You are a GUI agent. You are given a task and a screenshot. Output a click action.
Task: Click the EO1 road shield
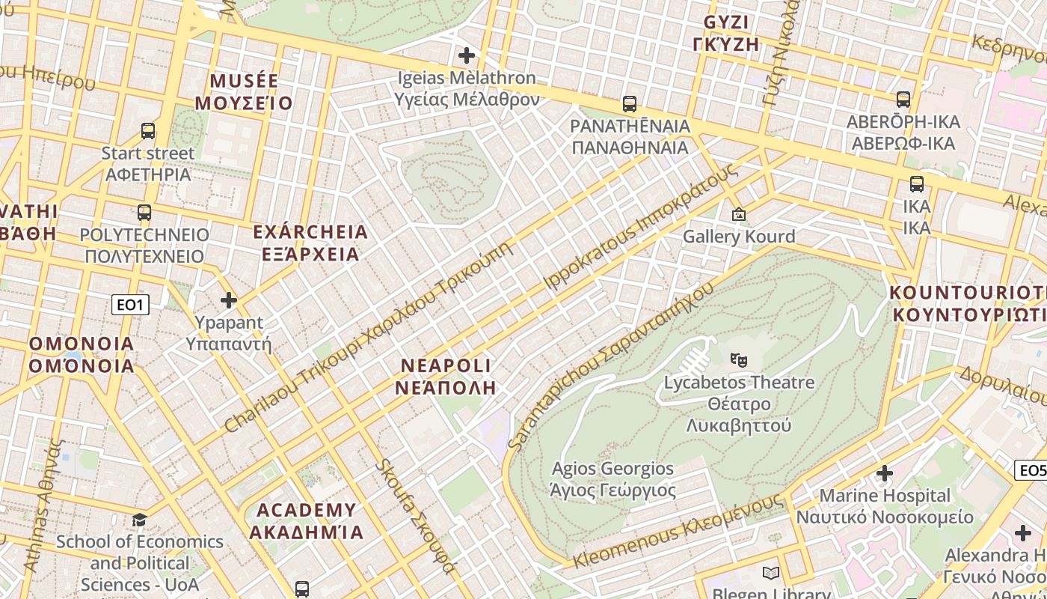point(130,305)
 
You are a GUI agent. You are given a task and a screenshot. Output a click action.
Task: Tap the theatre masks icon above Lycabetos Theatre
point(739,359)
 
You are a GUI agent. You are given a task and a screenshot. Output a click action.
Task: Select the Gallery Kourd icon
point(739,214)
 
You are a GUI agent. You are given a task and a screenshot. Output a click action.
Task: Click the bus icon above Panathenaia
point(630,103)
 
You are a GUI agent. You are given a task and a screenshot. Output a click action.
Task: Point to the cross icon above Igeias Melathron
point(467,55)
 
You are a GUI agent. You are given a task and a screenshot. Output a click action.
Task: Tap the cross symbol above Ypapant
point(228,300)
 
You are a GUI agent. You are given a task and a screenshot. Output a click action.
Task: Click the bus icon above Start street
point(148,131)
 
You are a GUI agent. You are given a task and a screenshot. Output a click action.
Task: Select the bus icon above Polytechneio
point(144,212)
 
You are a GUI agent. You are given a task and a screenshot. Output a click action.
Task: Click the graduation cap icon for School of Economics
point(139,520)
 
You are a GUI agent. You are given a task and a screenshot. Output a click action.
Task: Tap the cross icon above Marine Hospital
point(885,473)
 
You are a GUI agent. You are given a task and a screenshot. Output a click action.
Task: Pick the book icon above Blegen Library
point(770,574)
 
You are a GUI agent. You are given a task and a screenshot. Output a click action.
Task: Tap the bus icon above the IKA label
point(916,183)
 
